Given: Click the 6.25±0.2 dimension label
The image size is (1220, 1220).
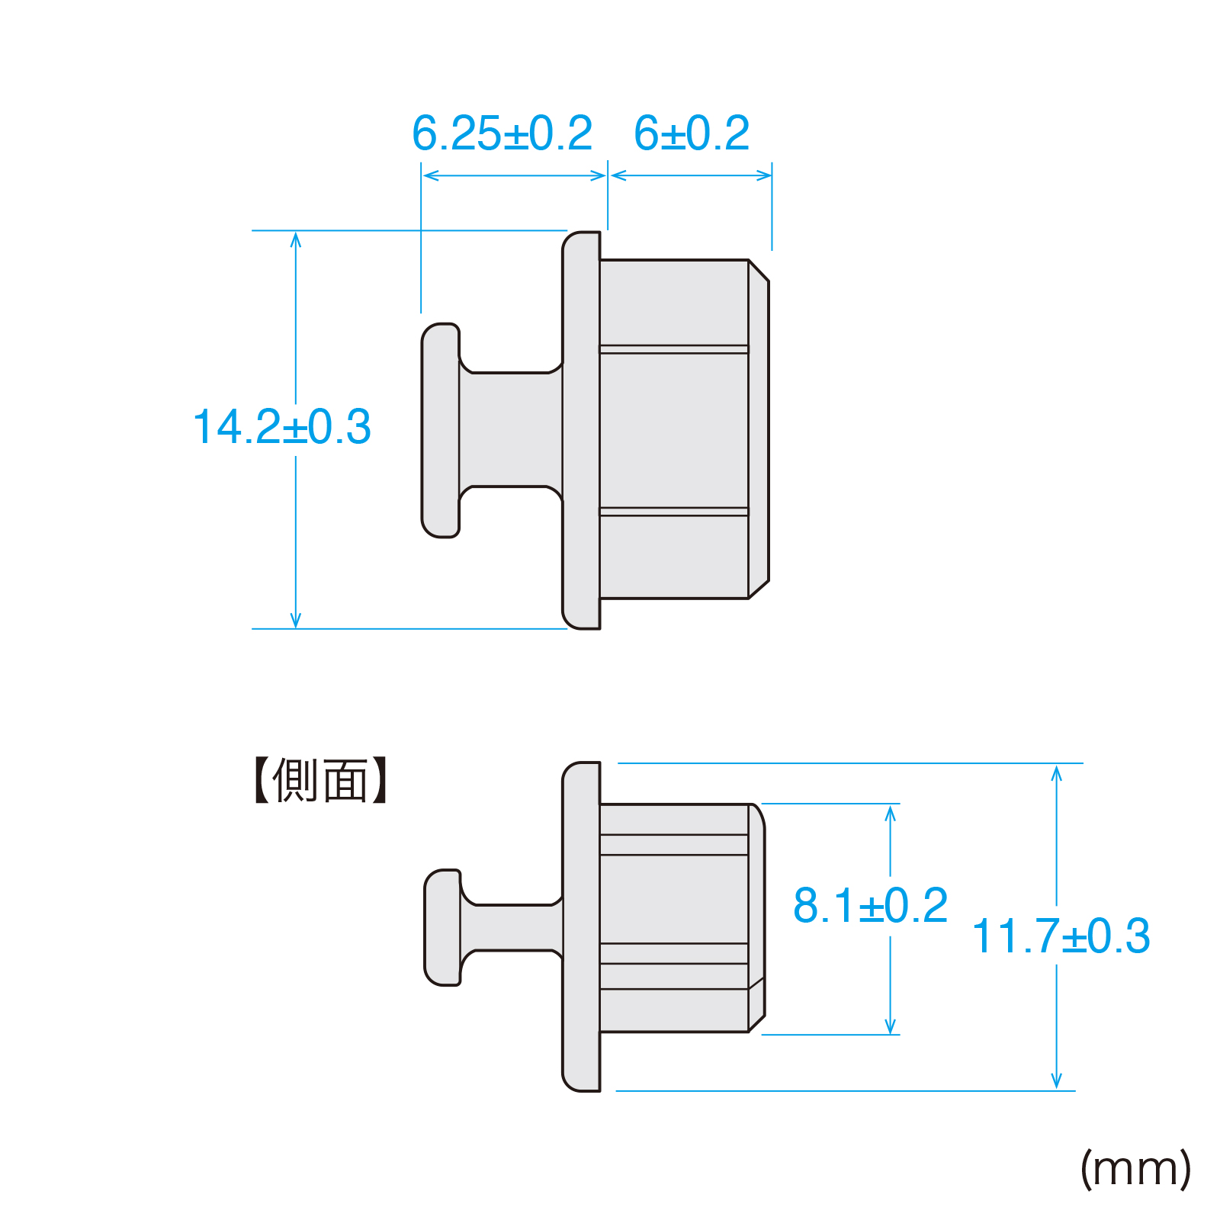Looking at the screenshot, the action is [x=502, y=133].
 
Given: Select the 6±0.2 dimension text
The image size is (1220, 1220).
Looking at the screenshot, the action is [x=692, y=133].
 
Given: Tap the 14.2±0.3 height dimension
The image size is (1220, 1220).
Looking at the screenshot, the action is [x=282, y=426].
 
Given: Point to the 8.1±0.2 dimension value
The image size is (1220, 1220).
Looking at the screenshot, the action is [x=870, y=905].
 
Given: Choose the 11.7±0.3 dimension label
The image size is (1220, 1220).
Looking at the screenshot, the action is [x=1061, y=936].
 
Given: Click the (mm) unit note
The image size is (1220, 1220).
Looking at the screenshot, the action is [x=1135, y=1168].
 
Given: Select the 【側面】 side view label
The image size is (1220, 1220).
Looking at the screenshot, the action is [x=321, y=780].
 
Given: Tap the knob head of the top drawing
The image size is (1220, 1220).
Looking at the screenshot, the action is [x=441, y=430].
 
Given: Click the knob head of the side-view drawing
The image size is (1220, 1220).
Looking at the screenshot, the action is [x=443, y=927].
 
